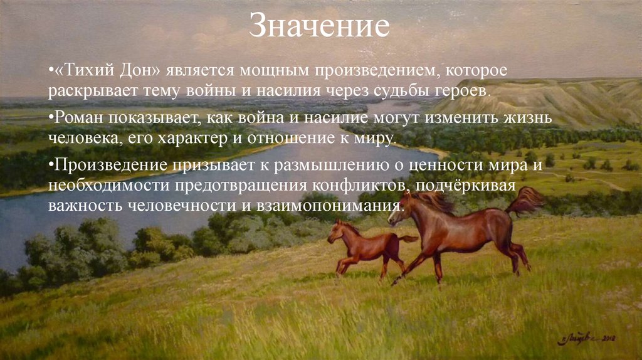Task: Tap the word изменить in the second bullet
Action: [424, 118]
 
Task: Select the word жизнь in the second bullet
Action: [491, 118]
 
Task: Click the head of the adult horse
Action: [401, 210]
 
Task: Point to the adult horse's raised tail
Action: [527, 199]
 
